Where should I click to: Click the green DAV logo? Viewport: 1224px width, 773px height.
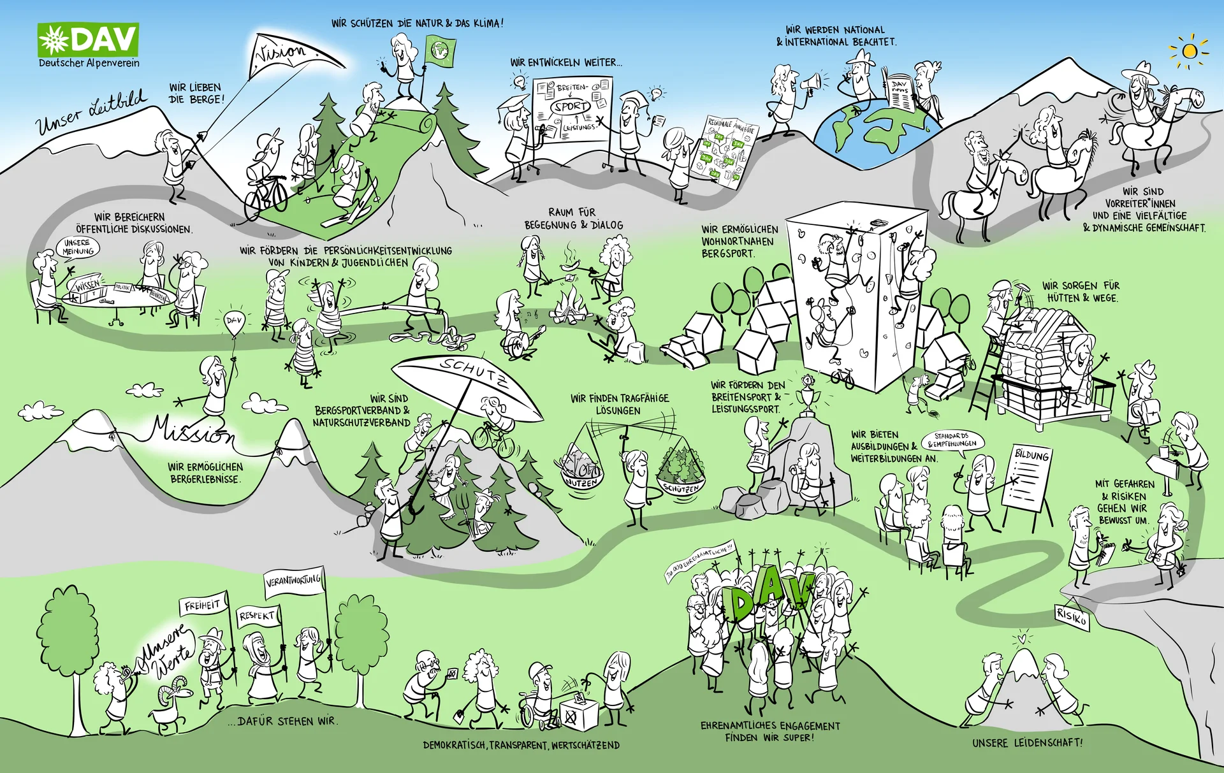(88, 40)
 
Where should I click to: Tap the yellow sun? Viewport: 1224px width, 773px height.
(1189, 51)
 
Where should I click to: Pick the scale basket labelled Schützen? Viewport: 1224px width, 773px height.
(681, 475)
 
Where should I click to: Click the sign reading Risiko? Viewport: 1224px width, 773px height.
(1072, 616)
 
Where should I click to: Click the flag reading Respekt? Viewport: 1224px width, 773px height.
(258, 616)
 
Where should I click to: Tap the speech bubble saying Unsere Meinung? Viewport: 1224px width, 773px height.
(78, 247)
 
